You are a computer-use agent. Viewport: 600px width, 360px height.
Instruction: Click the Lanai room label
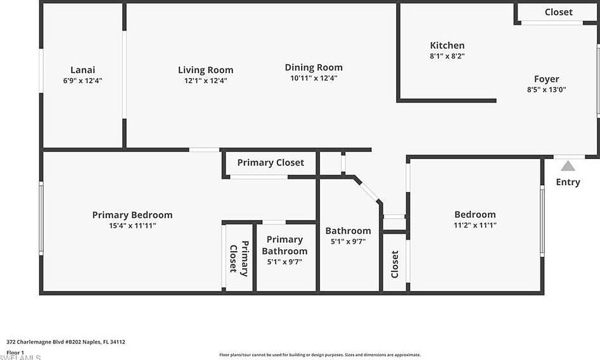click(82, 70)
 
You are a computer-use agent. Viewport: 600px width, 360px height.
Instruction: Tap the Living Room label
click(205, 70)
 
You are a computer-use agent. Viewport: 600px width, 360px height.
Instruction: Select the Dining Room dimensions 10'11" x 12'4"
click(314, 78)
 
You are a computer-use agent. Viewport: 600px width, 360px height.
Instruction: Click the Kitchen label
click(447, 45)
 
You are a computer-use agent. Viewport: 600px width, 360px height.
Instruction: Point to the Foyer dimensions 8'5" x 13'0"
click(546, 89)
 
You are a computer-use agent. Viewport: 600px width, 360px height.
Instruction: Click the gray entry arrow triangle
click(568, 166)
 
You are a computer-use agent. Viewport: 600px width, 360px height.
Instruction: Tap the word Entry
click(568, 182)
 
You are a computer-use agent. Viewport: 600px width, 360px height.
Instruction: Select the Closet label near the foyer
click(558, 12)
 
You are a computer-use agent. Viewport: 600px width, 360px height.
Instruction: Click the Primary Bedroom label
click(132, 215)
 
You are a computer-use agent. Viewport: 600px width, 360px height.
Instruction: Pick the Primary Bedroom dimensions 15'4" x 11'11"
click(132, 226)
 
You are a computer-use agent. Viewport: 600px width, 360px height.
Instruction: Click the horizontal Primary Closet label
click(271, 162)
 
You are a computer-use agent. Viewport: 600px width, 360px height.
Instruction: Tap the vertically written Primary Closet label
click(239, 257)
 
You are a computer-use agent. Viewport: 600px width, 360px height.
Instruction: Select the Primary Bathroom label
click(284, 245)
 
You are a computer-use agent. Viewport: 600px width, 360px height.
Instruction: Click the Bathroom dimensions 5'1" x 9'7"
click(348, 241)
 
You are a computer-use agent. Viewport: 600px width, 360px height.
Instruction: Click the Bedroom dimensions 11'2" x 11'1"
click(475, 225)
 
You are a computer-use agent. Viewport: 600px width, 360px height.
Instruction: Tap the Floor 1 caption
click(15, 352)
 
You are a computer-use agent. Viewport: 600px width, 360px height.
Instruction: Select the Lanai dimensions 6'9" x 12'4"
click(82, 80)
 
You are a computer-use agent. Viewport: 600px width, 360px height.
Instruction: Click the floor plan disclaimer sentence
click(320, 355)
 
